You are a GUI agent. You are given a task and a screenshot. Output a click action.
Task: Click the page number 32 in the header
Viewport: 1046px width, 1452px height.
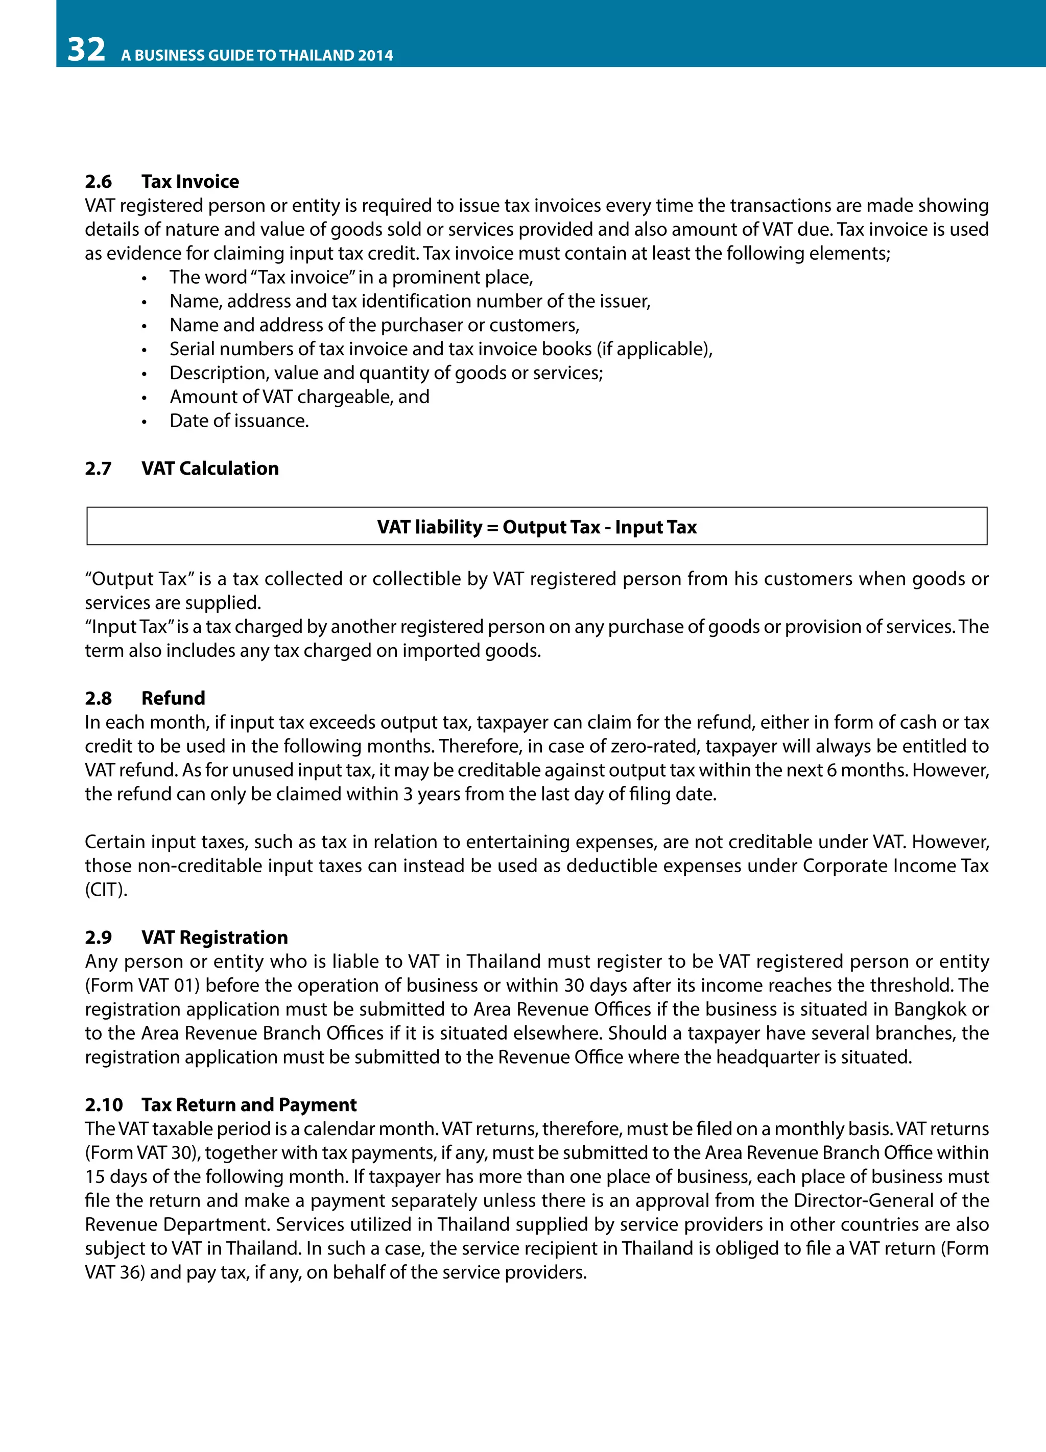(86, 50)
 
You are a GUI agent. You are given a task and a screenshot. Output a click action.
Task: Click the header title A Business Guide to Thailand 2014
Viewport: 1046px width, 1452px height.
(257, 55)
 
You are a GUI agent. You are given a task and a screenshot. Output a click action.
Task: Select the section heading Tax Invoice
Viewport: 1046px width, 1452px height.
(189, 181)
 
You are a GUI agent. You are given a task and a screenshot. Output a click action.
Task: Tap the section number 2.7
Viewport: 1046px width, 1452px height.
(98, 468)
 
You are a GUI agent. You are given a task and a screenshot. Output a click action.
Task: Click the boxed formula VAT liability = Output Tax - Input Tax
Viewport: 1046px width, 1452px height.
(536, 526)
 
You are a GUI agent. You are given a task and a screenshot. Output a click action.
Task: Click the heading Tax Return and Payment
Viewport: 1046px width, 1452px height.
(249, 1104)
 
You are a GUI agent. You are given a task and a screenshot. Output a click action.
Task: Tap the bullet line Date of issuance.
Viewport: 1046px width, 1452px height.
(239, 421)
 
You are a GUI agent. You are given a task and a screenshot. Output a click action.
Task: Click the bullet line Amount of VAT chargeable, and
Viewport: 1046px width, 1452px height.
(299, 397)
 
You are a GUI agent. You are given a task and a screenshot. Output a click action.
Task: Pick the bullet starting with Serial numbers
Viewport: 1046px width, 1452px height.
(441, 349)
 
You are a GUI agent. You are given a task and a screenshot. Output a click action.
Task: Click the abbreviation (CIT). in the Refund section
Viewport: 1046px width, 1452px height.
(106, 890)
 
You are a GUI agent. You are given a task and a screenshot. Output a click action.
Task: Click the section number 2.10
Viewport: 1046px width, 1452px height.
(104, 1104)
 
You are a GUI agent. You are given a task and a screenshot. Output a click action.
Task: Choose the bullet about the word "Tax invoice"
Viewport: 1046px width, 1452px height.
(350, 277)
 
